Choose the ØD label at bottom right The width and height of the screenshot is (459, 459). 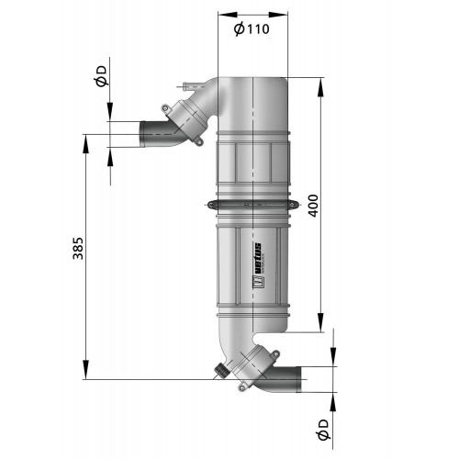pyautogui.click(x=321, y=427)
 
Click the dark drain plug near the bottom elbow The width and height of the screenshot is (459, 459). pyautogui.click(x=220, y=371)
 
